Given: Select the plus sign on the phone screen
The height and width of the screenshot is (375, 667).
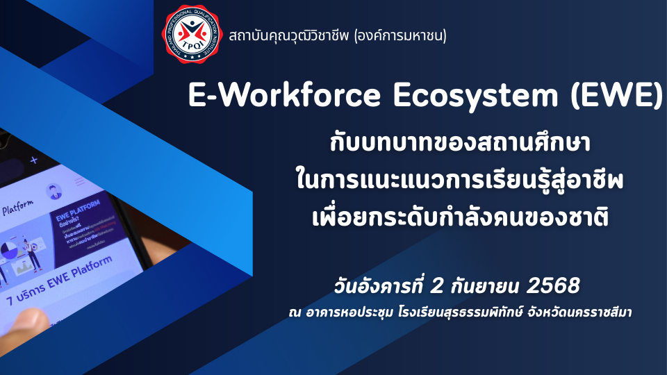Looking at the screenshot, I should tap(33, 160).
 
